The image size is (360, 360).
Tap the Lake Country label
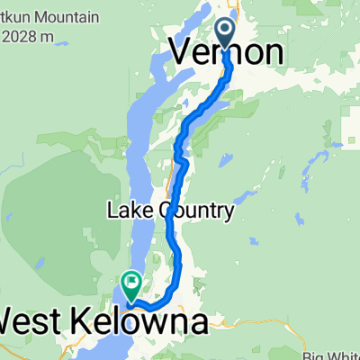point(171,211)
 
